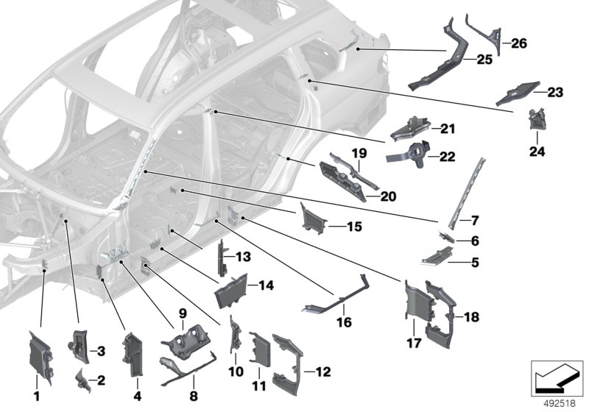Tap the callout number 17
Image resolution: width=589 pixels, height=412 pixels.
pyautogui.click(x=415, y=342)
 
